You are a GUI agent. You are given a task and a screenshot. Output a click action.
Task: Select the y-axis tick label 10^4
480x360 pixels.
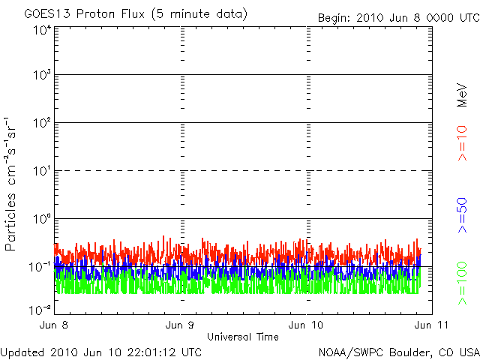[x=42, y=30]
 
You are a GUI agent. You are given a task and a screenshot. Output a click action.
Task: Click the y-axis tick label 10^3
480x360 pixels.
[x=42, y=76]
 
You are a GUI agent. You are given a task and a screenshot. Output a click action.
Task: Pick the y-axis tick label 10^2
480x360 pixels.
[x=42, y=123]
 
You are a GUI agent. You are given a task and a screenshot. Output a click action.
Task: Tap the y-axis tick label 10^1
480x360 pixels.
[x=42, y=171]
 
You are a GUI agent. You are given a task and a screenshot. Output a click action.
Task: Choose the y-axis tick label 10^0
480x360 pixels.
[x=42, y=219]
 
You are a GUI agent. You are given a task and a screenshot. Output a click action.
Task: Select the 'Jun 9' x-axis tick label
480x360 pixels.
[x=180, y=325]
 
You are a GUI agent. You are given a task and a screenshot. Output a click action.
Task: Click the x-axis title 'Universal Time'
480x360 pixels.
[x=242, y=337]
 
